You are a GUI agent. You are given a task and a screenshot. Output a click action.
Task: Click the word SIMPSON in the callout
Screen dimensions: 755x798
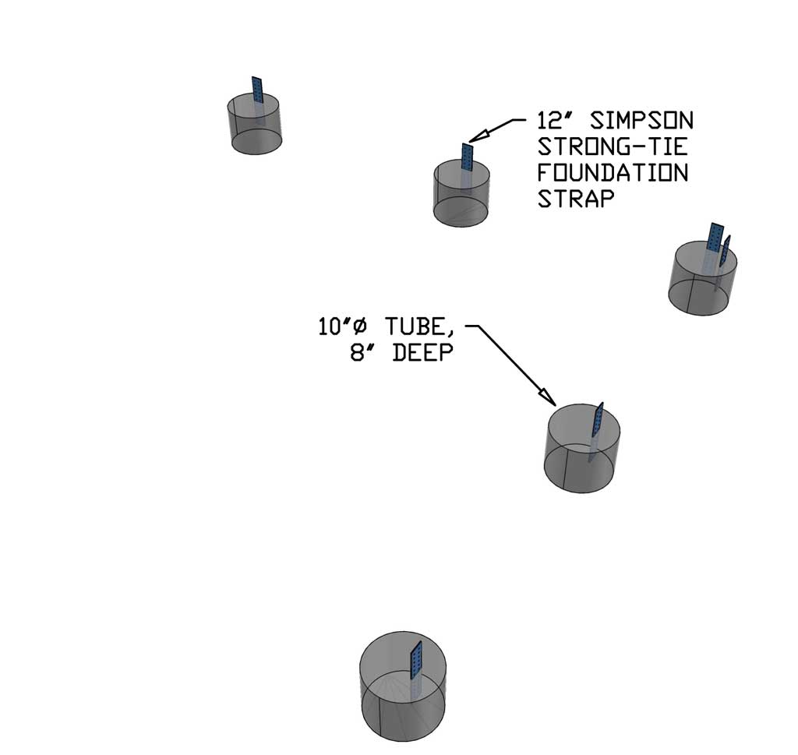(x=641, y=122)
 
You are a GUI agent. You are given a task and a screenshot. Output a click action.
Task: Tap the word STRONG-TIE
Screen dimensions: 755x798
(x=613, y=146)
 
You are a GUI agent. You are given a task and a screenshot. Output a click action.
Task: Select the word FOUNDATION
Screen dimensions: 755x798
(x=613, y=172)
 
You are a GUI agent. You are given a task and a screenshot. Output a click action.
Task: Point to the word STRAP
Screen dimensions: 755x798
(x=576, y=198)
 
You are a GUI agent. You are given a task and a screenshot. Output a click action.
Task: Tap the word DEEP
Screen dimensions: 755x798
(x=422, y=353)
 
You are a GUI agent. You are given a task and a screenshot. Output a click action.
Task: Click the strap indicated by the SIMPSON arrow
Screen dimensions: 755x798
(x=468, y=158)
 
